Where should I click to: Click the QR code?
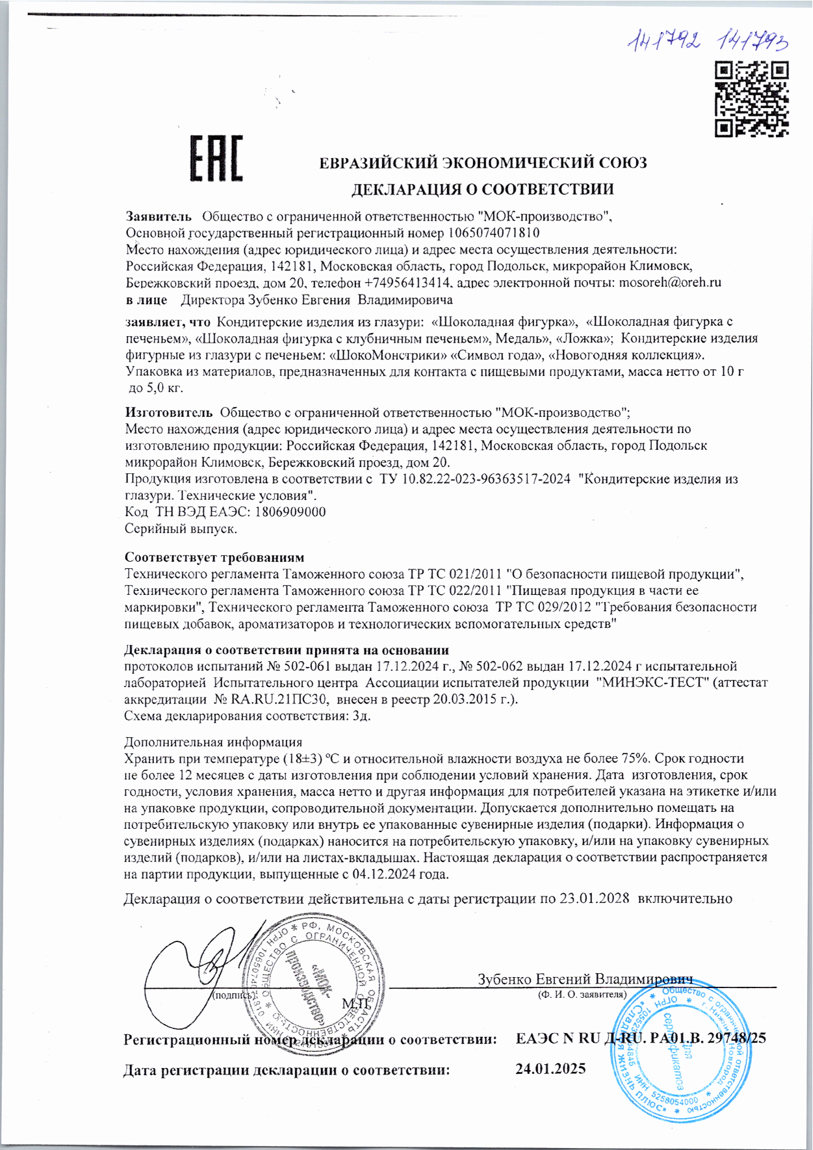point(752,99)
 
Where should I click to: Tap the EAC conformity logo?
point(216,158)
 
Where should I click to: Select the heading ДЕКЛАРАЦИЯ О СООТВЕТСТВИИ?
point(482,189)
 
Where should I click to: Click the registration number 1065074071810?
point(494,233)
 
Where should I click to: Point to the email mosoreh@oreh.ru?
point(670,283)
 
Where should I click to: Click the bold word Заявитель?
point(159,216)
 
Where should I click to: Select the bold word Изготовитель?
point(168,412)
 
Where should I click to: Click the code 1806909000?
point(290,512)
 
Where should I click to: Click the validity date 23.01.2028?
point(596,899)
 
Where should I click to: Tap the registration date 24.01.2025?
point(550,1069)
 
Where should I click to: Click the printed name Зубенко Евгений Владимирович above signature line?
point(585,979)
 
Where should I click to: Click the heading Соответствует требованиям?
point(214,558)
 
